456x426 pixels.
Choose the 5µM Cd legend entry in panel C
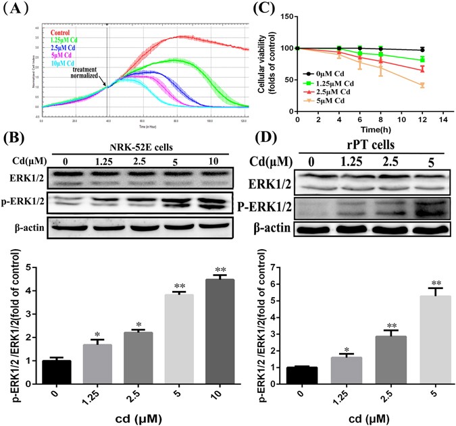tap(329, 99)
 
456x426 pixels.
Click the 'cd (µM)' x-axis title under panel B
tap(135, 417)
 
